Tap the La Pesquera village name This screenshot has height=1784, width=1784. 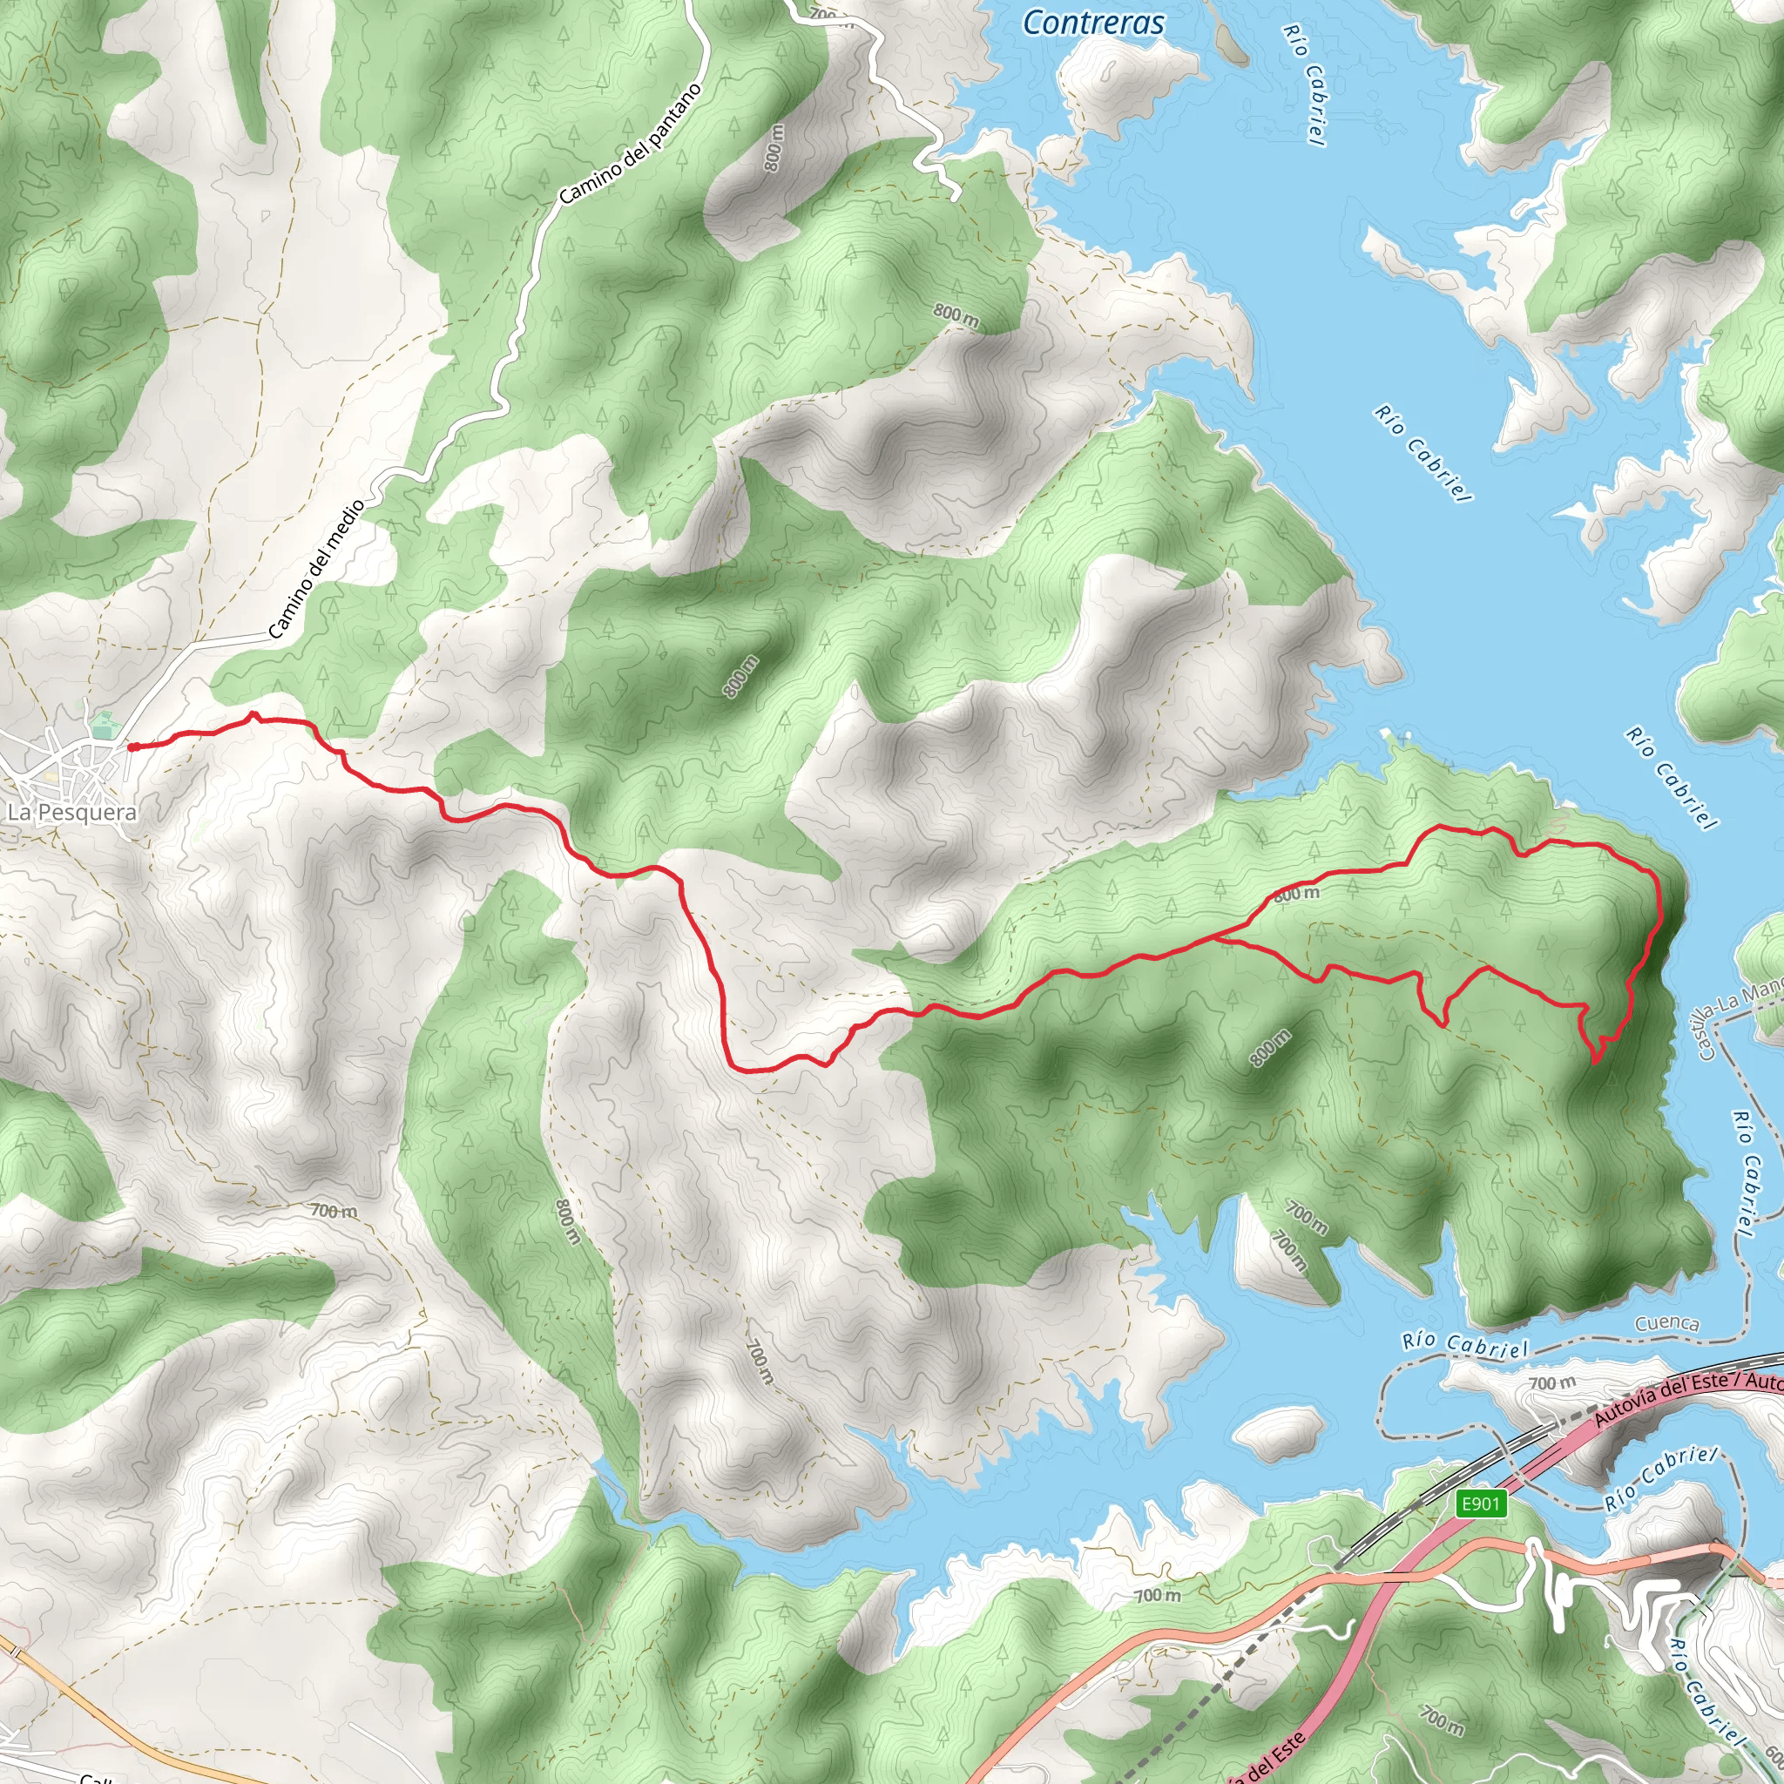[72, 813]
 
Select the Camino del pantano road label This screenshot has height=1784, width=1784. [630, 144]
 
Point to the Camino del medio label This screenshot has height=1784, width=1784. [317, 570]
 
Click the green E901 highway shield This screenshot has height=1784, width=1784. [1480, 1504]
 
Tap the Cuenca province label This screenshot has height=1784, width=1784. [1666, 1323]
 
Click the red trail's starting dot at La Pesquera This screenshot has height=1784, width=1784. [133, 747]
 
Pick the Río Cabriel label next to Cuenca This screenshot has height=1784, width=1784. [1464, 1345]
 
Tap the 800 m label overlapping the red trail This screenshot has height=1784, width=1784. [1296, 894]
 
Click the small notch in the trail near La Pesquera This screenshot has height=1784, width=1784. [254, 716]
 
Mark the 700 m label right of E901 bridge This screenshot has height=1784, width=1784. [1552, 1383]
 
